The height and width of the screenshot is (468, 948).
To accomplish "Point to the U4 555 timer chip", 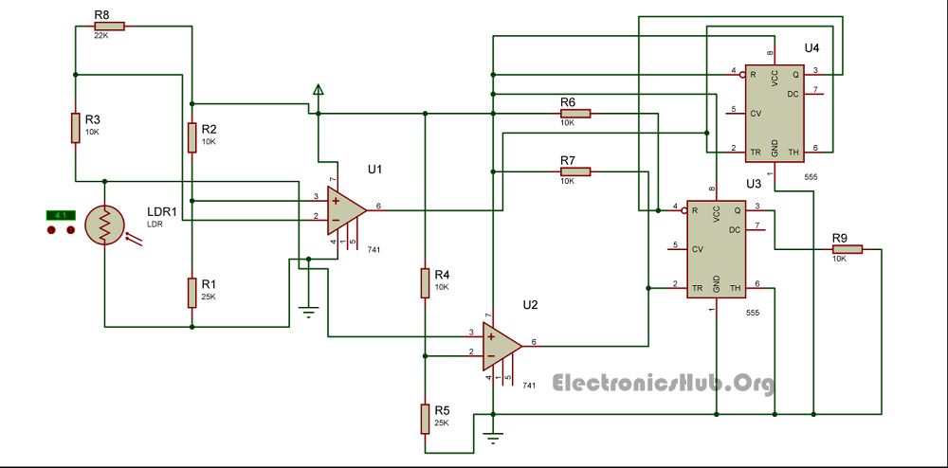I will pyautogui.click(x=775, y=110).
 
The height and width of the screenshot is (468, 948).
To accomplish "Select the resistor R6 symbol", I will pyautogui.click(x=574, y=114).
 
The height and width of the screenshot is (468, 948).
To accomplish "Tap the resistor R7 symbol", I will pyautogui.click(x=574, y=171).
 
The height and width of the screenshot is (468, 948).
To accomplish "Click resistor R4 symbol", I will pyautogui.click(x=426, y=282).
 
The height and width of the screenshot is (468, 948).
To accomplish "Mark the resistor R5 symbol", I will pyautogui.click(x=426, y=418).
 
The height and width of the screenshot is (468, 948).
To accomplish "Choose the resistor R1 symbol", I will pyautogui.click(x=192, y=291).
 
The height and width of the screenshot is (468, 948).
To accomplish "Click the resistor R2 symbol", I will pyautogui.click(x=192, y=136).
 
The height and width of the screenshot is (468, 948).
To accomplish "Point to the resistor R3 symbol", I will pyautogui.click(x=75, y=128).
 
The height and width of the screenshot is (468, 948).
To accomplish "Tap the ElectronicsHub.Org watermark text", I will pyautogui.click(x=663, y=383).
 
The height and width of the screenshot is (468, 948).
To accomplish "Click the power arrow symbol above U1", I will pyautogui.click(x=319, y=92).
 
